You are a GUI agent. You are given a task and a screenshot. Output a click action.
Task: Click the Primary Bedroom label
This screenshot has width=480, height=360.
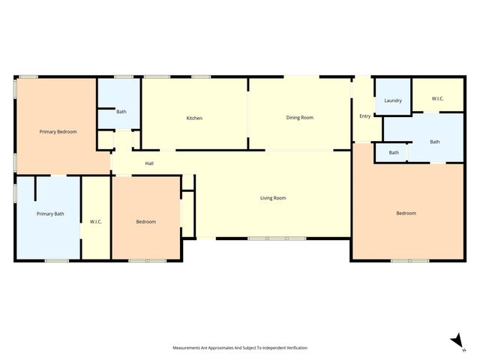(x=58, y=131)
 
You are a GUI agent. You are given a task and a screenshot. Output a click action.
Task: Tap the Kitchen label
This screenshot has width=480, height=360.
(x=194, y=118)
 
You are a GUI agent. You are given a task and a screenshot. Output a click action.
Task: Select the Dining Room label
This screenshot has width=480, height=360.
(x=299, y=118)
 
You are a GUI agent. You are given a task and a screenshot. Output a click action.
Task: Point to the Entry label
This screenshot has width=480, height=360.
(x=365, y=115)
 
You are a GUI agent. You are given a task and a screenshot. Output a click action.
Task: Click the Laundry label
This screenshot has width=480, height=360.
(x=393, y=100)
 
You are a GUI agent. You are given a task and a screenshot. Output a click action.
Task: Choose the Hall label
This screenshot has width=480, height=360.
(x=149, y=163)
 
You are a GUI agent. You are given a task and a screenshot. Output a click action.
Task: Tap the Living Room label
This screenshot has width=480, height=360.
(x=273, y=198)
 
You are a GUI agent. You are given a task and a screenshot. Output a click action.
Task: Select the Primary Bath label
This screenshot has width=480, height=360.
(x=50, y=214)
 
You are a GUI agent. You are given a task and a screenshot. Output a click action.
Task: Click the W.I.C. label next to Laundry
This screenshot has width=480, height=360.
(x=438, y=98)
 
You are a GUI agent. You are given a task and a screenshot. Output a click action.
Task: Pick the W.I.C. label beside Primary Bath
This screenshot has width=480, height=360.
(x=96, y=221)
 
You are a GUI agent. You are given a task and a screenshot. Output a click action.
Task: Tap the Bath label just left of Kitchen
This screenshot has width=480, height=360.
(x=121, y=112)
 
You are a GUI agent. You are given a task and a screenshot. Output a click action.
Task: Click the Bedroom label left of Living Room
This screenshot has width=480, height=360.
(x=145, y=221)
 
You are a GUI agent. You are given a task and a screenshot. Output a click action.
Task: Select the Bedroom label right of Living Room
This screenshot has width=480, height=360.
(x=406, y=213)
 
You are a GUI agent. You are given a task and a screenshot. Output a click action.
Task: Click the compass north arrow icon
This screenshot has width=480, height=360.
(x=455, y=341)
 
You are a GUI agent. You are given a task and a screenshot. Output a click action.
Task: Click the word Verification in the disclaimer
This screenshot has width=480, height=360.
(x=295, y=348)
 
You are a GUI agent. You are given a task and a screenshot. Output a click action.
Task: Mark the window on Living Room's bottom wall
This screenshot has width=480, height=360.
(x=277, y=238)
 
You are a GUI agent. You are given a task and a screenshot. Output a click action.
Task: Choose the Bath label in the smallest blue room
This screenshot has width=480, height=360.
(x=394, y=153)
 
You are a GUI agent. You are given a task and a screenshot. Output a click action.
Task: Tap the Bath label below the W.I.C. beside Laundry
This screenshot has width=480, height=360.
(x=435, y=141)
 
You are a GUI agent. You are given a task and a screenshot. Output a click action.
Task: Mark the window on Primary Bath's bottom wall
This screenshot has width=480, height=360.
(x=56, y=260)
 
